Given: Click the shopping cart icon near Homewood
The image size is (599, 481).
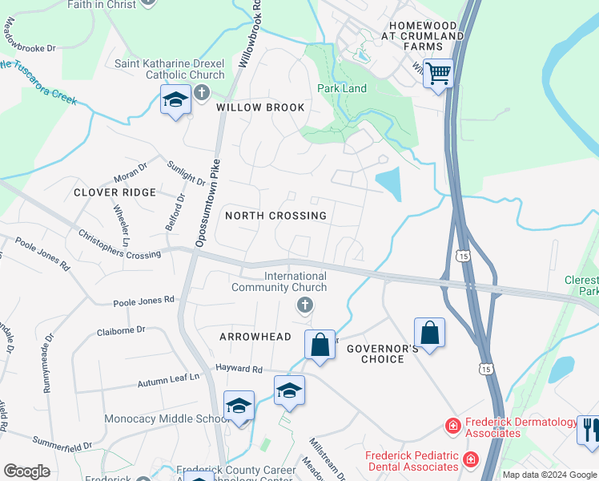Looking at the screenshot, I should [438, 74].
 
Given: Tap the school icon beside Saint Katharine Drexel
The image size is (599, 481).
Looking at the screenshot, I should [175, 100].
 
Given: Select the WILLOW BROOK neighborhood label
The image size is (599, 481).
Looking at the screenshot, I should [260, 107].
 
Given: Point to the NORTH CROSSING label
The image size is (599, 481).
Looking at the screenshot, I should [275, 216].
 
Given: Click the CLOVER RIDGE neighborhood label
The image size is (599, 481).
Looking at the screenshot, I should [115, 192].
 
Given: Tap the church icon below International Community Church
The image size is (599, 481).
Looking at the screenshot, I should [304, 305].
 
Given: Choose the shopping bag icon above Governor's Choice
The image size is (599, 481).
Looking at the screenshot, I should [429, 332].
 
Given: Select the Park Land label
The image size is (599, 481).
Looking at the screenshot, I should [342, 88].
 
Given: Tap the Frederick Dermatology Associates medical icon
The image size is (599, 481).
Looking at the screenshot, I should [452, 425].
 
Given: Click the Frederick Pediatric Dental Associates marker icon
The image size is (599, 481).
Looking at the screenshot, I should [470, 459].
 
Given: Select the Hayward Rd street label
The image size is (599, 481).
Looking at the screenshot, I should [239, 369].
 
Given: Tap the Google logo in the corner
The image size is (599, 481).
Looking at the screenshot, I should [26, 471].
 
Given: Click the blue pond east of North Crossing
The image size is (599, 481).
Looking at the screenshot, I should [389, 184].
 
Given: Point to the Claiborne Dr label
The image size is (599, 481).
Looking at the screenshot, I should [120, 329].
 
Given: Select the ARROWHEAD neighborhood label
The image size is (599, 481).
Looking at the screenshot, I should [255, 337].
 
